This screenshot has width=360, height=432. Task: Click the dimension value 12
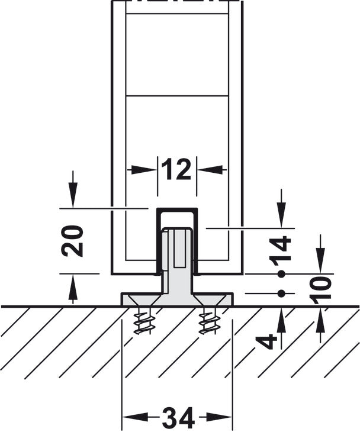(177, 170)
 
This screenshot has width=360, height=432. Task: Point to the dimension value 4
(268, 341)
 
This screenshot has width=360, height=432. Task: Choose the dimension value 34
(177, 419)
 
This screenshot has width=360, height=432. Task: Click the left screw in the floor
(142, 321)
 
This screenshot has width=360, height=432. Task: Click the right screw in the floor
(208, 321)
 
